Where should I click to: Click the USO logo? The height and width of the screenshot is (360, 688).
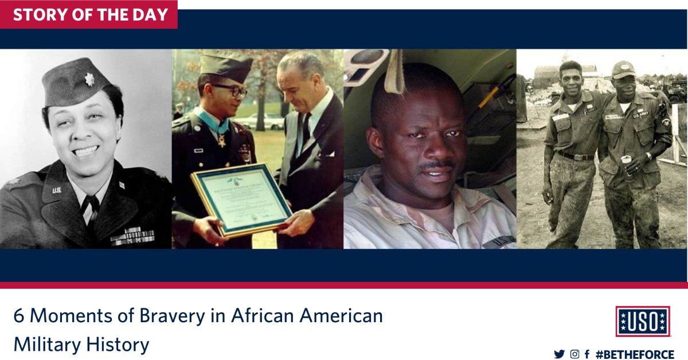click(643, 321)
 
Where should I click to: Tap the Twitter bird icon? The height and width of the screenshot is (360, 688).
click(559, 354)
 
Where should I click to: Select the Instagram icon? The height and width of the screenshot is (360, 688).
click(574, 354)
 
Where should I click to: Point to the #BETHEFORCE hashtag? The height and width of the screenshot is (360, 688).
click(635, 354)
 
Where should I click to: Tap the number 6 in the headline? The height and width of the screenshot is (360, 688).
click(19, 316)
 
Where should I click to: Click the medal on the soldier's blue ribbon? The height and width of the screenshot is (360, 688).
click(221, 140)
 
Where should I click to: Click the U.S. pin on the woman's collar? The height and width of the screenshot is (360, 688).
click(57, 190)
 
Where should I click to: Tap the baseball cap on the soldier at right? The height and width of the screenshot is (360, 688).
click(624, 69)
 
